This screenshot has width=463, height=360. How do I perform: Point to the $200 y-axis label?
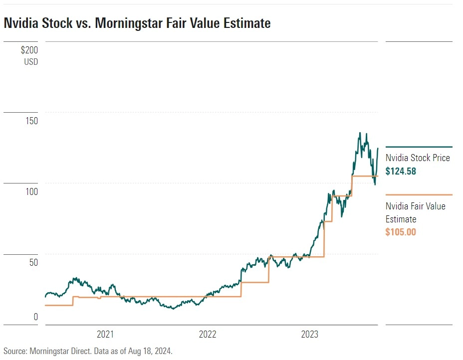(29, 50)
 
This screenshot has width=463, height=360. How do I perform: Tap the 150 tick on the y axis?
(31, 122)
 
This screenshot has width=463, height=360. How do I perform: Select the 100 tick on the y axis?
(31, 192)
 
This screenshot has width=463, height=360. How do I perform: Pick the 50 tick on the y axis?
(33, 263)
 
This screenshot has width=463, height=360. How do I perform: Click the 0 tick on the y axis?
(35, 317)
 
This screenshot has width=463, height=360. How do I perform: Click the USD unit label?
(30, 62)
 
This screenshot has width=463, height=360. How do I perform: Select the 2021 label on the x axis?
(106, 335)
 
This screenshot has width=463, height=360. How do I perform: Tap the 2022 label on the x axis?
(208, 335)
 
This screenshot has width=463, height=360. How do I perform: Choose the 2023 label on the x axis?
(310, 335)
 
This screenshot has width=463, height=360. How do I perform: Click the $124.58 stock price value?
(401, 171)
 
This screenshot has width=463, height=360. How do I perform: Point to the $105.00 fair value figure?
(401, 232)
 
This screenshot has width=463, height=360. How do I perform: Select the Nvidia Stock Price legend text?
(418, 158)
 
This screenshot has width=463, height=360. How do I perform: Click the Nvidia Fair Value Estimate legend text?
(416, 212)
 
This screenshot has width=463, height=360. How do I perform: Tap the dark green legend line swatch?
(419, 147)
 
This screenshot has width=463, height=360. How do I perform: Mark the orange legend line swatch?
(419, 195)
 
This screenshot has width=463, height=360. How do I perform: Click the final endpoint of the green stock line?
(378, 148)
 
